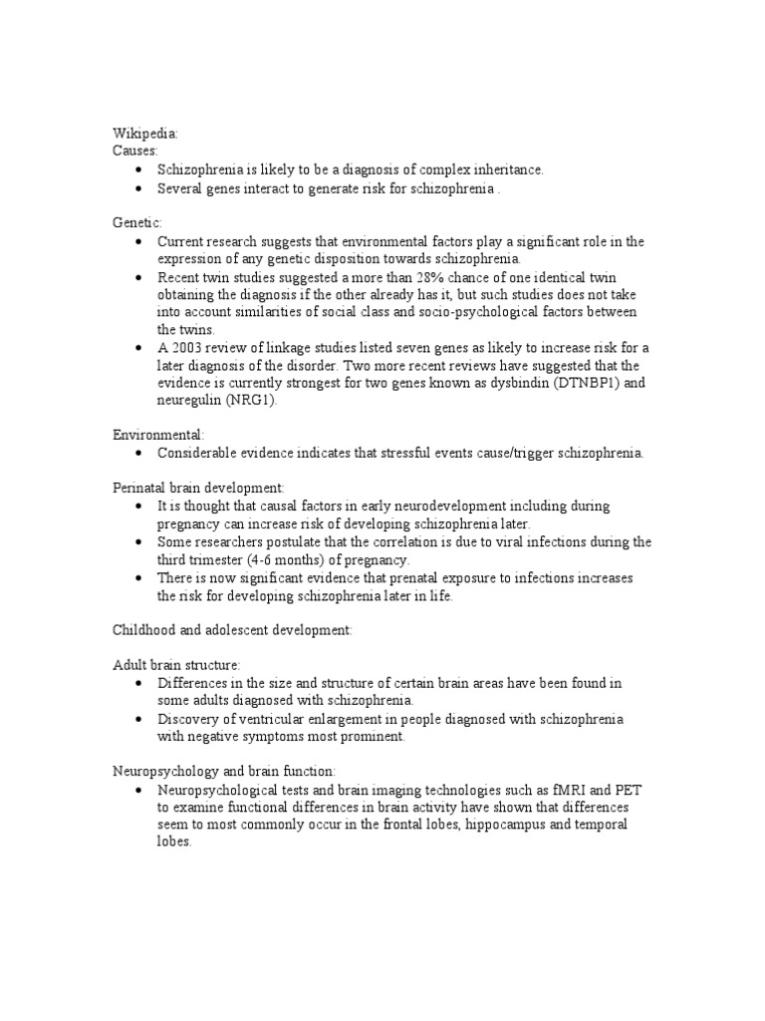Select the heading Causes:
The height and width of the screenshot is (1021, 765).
[133, 151]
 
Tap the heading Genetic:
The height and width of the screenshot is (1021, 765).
[136, 223]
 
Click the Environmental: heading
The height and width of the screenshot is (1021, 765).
[158, 435]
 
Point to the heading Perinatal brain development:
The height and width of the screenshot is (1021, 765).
[197, 488]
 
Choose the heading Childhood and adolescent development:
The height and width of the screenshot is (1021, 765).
[230, 630]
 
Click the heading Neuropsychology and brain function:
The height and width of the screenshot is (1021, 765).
[223, 771]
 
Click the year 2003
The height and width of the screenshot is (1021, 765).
[185, 347]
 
